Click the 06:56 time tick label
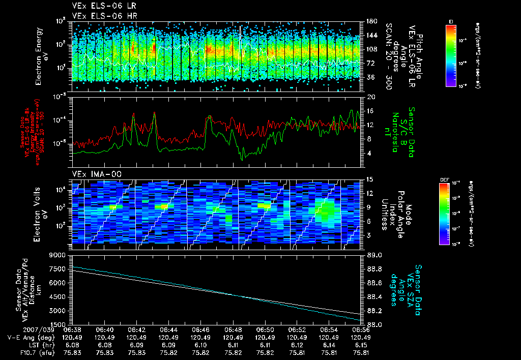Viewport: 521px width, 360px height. click(361, 329)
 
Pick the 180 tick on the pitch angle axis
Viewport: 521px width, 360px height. click(371, 21)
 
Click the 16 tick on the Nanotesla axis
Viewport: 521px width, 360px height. click(371, 110)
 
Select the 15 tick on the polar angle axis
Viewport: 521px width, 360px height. click(370, 179)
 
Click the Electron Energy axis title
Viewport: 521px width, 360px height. click(41, 51)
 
